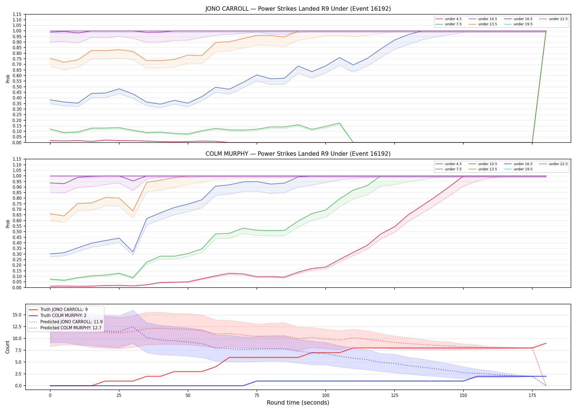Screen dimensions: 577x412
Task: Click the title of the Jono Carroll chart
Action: coord(298,9)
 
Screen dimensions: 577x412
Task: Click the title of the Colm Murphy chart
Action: coord(298,154)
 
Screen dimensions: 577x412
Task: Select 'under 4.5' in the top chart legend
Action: coord(453,19)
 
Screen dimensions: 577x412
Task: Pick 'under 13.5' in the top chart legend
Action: coord(487,24)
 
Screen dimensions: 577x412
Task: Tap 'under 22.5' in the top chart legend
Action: coord(558,19)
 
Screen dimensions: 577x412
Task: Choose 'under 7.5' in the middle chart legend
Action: coord(453,169)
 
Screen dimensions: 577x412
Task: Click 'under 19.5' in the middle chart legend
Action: coord(523,169)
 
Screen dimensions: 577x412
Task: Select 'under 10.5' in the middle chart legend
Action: coord(487,164)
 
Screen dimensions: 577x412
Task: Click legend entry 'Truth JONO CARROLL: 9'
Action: coord(64,310)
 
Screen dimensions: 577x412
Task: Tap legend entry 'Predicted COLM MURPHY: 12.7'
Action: coord(71,328)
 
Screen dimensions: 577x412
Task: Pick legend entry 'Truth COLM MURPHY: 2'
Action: coord(63,316)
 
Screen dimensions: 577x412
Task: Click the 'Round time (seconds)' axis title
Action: coord(298,403)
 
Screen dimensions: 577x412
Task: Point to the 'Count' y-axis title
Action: coord(7,347)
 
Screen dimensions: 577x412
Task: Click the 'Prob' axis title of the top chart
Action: coord(8,79)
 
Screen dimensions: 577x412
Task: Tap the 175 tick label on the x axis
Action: coord(532,396)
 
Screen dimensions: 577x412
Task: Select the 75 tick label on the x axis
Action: coord(257,396)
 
